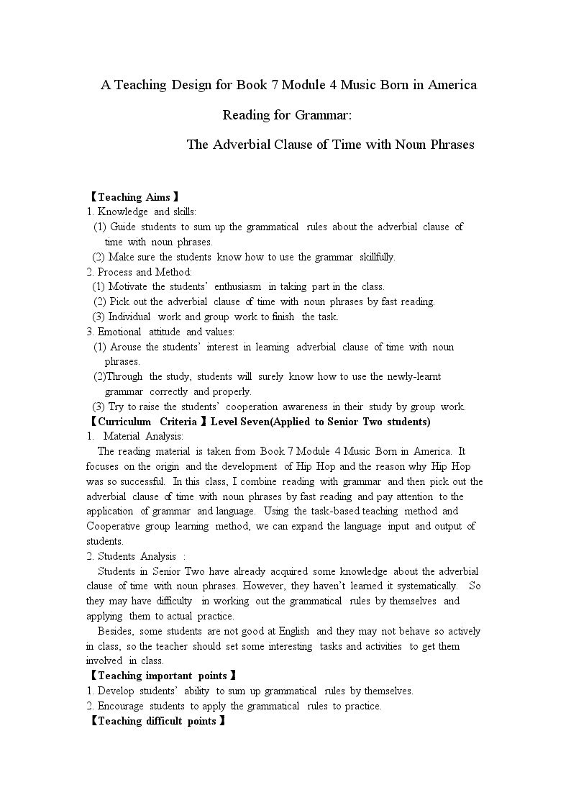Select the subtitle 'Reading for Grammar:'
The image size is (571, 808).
[287, 114]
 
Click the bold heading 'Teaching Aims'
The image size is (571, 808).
[134, 196]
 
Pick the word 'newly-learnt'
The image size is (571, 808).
[414, 376]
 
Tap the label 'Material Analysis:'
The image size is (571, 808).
[143, 436]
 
